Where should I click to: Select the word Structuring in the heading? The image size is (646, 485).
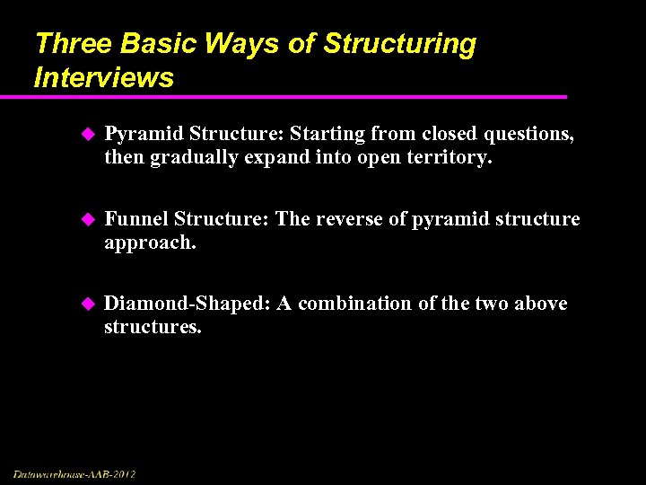pos(400,44)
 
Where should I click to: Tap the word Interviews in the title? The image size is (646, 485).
pos(103,77)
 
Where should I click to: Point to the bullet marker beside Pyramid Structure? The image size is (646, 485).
pos(87,135)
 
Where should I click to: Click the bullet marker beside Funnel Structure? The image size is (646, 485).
pos(87,220)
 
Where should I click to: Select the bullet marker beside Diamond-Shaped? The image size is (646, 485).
pos(87,304)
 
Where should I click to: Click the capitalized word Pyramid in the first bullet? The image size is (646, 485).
pos(136,134)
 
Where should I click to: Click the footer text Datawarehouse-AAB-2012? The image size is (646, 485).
pos(74,473)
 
